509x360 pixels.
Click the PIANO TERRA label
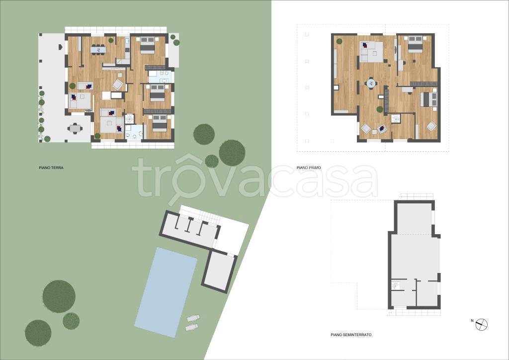point(51,168)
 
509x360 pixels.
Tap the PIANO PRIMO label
point(309,168)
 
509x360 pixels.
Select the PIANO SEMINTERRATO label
point(351,335)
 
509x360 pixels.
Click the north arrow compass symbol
point(482,324)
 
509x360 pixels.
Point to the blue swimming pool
point(166,292)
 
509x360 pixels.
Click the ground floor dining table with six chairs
point(98,50)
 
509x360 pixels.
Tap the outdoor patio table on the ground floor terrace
point(75,129)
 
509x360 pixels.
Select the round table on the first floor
point(370,83)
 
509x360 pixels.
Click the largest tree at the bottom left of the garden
point(59,296)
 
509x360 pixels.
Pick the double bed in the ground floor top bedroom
point(147,45)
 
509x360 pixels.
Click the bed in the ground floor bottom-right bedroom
point(160,123)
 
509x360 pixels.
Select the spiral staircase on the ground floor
point(130,118)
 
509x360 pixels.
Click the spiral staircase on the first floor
point(396,119)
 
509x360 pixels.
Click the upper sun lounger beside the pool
point(193,318)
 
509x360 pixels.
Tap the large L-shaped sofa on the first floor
point(371,52)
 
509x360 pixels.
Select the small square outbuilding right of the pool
point(219,270)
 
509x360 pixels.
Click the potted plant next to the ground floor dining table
point(111,41)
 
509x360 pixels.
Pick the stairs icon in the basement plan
point(396,285)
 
